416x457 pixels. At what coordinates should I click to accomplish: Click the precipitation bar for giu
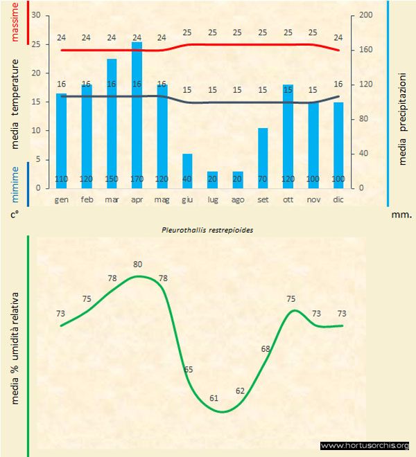(x=187, y=170)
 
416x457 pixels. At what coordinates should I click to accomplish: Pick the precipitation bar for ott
(x=288, y=136)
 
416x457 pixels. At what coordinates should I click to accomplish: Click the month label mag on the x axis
(x=162, y=199)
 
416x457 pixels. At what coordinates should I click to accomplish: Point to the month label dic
(x=338, y=199)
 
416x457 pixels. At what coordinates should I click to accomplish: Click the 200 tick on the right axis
(x=366, y=15)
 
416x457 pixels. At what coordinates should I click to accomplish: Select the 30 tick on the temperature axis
(x=36, y=15)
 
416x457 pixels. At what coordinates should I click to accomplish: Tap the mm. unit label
(x=401, y=215)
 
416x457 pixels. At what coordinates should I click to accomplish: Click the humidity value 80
(x=138, y=264)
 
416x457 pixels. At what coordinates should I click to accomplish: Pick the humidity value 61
(x=214, y=398)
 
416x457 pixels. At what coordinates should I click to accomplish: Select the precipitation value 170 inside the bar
(x=137, y=180)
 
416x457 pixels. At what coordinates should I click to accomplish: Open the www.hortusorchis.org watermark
(x=365, y=445)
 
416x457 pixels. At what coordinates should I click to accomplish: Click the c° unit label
(x=14, y=215)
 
